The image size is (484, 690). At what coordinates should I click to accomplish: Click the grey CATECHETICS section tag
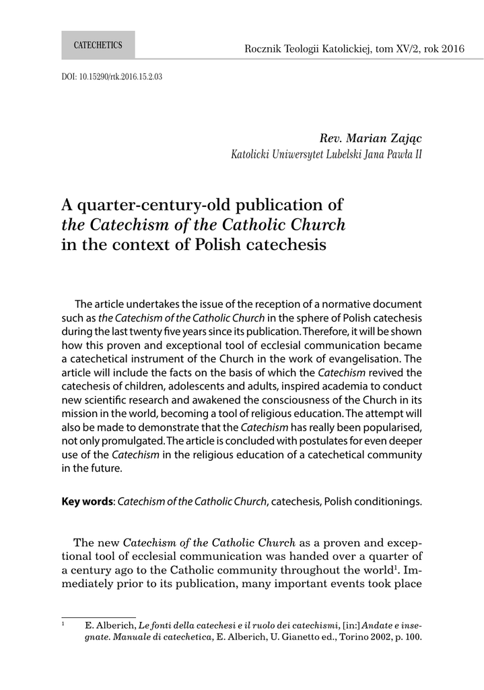[x=98, y=45]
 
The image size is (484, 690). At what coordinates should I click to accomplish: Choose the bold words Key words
[x=86, y=501]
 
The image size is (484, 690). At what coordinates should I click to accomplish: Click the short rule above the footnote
[x=99, y=617]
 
